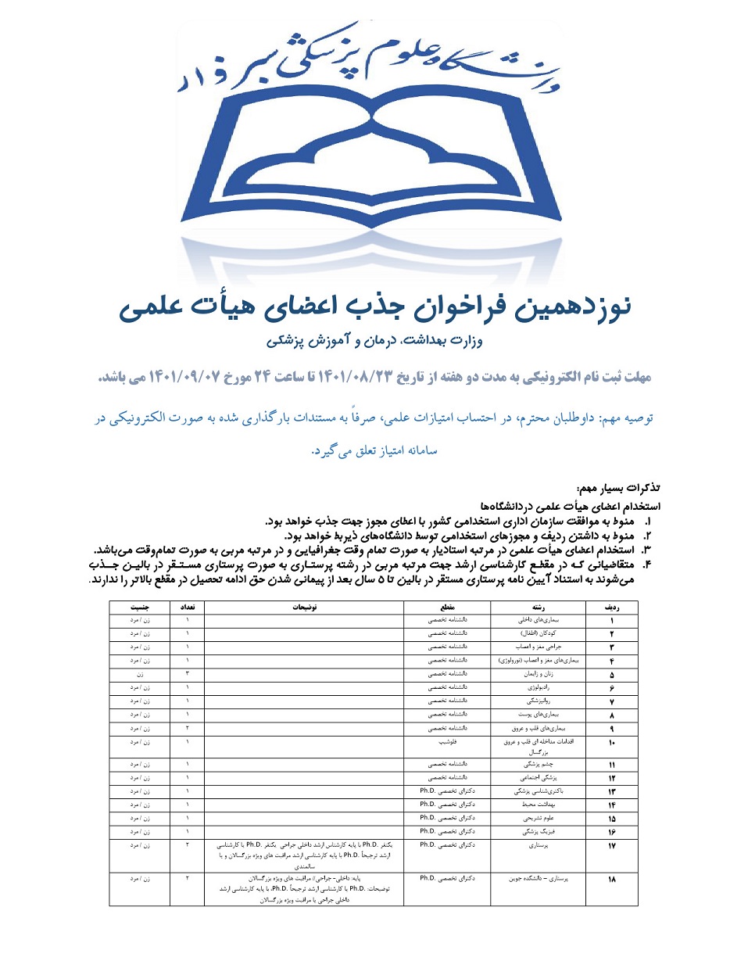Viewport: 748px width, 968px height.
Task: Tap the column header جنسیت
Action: pyautogui.click(x=140, y=607)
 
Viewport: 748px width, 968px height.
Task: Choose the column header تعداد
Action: pyautogui.click(x=188, y=607)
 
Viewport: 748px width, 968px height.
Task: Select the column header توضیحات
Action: pyautogui.click(x=304, y=607)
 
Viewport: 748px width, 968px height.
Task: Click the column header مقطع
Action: pyautogui.click(x=447, y=607)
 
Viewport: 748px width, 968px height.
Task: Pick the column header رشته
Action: pyautogui.click(x=538, y=607)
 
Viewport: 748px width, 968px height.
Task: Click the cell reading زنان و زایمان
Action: pyautogui.click(x=539, y=674)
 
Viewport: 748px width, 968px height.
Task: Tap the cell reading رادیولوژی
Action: pyautogui.click(x=539, y=687)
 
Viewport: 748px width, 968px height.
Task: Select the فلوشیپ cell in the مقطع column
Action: pyautogui.click(x=447, y=742)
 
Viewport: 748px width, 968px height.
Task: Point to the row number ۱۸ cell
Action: pyautogui.click(x=611, y=879)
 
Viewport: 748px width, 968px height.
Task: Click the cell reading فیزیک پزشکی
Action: pyautogui.click(x=539, y=832)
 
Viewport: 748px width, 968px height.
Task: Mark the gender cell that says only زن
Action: pyautogui.click(x=140, y=674)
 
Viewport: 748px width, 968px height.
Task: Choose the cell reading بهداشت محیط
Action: pyautogui.click(x=539, y=805)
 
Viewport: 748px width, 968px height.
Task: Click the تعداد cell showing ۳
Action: pyautogui.click(x=188, y=674)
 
